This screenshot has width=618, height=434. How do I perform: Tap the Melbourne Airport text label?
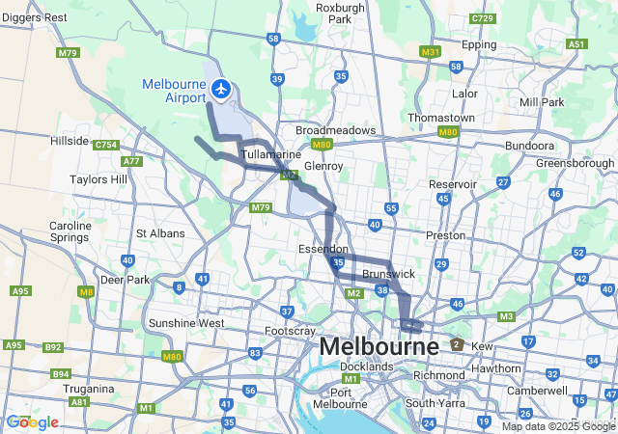point(174,91)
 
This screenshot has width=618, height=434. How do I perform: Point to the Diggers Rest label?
point(33,17)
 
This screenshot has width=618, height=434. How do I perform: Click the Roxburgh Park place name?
point(339,13)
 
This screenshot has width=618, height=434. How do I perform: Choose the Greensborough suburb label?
point(575,163)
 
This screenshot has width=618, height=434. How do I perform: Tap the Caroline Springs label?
point(70,232)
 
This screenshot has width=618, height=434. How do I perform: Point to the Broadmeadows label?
point(336,130)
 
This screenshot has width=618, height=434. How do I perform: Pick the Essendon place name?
point(323,249)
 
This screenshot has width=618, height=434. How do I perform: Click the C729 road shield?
point(483,18)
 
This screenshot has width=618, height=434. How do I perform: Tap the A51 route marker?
point(576,44)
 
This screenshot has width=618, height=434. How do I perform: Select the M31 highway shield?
point(431,51)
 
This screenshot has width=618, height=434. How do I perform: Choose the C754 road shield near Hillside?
point(106,145)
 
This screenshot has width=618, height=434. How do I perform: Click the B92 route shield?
point(53,347)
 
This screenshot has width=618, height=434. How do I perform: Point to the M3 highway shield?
point(506,316)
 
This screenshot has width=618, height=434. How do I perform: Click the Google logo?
point(32,422)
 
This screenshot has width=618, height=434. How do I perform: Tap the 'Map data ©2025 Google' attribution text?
point(557,426)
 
